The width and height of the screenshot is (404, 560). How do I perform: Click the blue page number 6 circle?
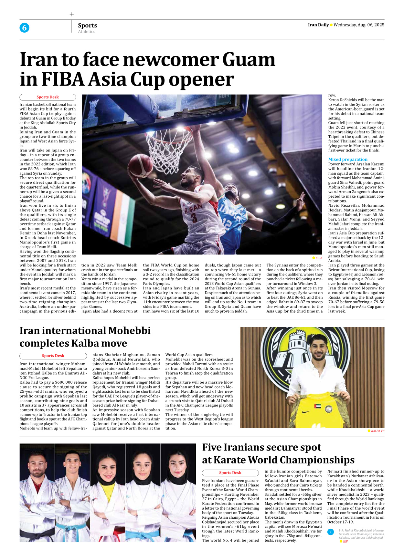coord(24,28)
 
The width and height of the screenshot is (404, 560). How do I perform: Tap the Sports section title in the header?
coord(87,25)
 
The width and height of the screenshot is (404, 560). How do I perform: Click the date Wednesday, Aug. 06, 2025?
coord(359,25)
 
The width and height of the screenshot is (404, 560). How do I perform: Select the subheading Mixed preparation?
coord(348,159)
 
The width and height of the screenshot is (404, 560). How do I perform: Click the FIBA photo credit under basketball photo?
coord(319,258)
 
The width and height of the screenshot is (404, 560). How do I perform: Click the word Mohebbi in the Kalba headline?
coord(129,331)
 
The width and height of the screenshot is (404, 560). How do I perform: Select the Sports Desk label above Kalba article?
coord(53,356)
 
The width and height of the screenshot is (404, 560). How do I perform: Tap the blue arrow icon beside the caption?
coord(331,532)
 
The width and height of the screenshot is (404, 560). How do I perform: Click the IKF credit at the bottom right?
coord(346,542)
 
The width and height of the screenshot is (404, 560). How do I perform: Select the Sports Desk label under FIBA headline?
coord(48,97)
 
